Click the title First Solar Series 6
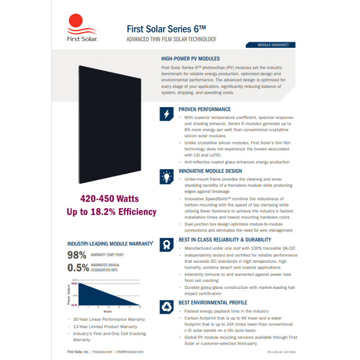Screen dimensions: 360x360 pyautogui.click(x=166, y=28)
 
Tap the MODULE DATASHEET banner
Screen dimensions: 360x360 pyautogui.click(x=270, y=45)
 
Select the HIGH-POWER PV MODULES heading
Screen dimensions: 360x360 pyautogui.click(x=190, y=58)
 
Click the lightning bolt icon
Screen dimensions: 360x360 pyautogui.click(x=166, y=114)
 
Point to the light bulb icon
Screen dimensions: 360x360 pyautogui.click(x=166, y=176)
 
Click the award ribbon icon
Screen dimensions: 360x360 pyautogui.click(x=166, y=244)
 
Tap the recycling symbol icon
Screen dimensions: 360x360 pyautogui.click(x=166, y=307)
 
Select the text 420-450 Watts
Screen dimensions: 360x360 pyautogui.click(x=109, y=198)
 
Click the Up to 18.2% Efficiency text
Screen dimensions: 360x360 pyautogui.click(x=111, y=211)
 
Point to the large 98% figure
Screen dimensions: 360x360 pyautogui.click(x=76, y=255)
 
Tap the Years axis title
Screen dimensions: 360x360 pyautogui.click(x=108, y=311)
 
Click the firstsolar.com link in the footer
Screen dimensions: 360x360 pyautogui.click(x=102, y=351)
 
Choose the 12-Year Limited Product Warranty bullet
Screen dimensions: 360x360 pyautogui.click(x=105, y=327)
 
